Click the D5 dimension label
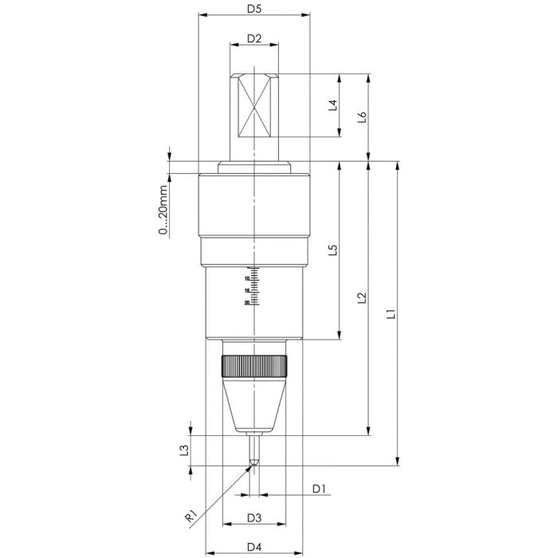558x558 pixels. click(x=253, y=9)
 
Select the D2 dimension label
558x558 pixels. click(x=254, y=38)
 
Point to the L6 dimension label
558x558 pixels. click(x=363, y=116)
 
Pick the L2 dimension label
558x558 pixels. click(x=363, y=297)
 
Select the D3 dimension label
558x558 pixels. click(x=253, y=517)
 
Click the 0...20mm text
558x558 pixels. click(x=163, y=210)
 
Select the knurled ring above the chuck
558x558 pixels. click(x=253, y=367)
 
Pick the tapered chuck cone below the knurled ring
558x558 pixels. click(x=253, y=407)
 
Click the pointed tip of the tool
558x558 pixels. click(x=253, y=466)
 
